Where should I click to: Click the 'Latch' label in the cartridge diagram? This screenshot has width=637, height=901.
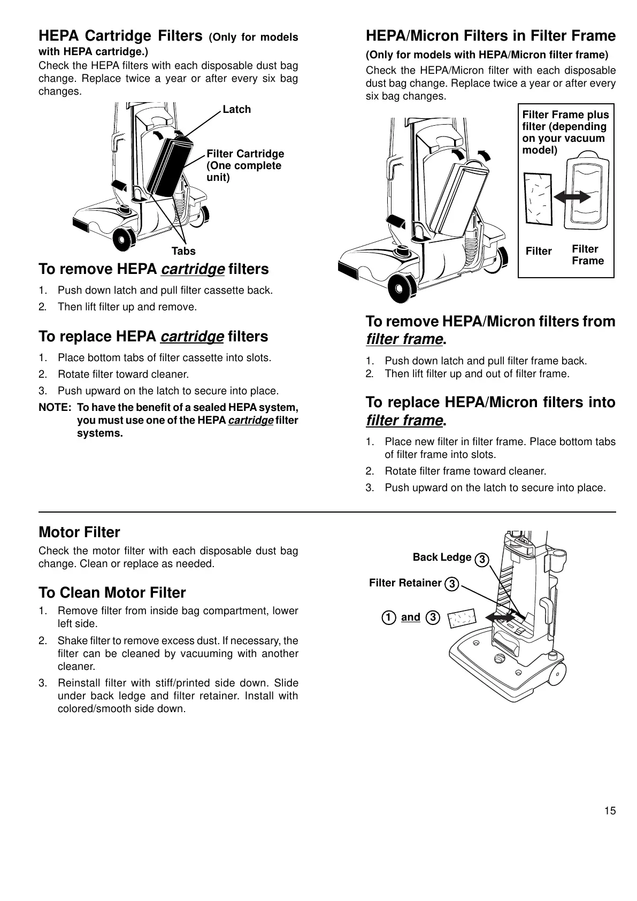pyautogui.click(x=236, y=110)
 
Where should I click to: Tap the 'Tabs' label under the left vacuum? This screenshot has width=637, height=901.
pyautogui.click(x=183, y=251)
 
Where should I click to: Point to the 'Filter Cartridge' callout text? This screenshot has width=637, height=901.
pyautogui.click(x=245, y=154)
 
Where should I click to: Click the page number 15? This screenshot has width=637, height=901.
pyautogui.click(x=610, y=811)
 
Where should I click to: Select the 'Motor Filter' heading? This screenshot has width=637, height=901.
pyautogui.click(x=79, y=532)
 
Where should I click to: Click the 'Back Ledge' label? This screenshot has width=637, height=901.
pyautogui.click(x=442, y=558)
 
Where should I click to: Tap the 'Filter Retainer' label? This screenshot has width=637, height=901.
pyautogui.click(x=405, y=583)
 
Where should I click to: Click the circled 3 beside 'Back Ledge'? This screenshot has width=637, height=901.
pyautogui.click(x=481, y=560)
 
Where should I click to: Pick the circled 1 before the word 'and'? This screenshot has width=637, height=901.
pyautogui.click(x=389, y=618)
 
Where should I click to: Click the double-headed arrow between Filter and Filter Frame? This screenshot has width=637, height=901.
pyautogui.click(x=572, y=197)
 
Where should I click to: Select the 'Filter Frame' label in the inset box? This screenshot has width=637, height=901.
pyautogui.click(x=587, y=255)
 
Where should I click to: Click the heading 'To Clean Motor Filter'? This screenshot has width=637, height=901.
pyautogui.click(x=112, y=593)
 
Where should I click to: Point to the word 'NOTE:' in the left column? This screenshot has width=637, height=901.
pyautogui.click(x=55, y=408)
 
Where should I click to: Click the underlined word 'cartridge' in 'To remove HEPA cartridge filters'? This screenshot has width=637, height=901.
pyautogui.click(x=193, y=269)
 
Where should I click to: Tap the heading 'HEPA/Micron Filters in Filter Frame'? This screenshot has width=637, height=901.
pyautogui.click(x=490, y=36)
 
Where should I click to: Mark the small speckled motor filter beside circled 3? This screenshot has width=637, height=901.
pyautogui.click(x=462, y=619)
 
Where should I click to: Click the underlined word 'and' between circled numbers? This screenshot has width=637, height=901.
pyautogui.click(x=410, y=617)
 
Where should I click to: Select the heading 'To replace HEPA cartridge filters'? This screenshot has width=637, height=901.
pyautogui.click(x=154, y=337)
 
